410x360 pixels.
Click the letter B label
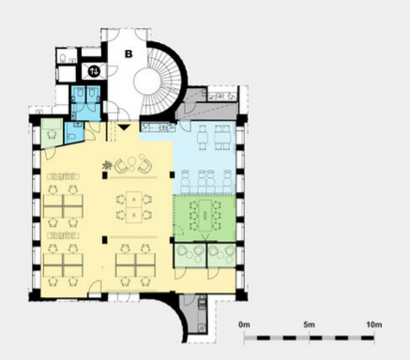coord(129,54)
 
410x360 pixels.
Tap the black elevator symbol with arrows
coord(94,71)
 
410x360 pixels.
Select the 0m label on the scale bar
coord(244,324)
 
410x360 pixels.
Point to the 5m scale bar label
coord(309,324)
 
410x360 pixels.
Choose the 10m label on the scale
coord(374,324)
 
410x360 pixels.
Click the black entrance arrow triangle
coord(124,127)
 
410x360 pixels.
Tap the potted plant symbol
coord(107,166)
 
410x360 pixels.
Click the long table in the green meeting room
coord(205,216)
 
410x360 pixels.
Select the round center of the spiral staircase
coord(149,82)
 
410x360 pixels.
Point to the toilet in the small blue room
coord(71,137)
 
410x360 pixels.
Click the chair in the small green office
coord(52,135)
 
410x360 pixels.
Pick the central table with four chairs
coord(134,207)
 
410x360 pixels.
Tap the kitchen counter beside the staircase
coord(158,127)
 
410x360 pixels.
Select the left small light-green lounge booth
coord(190,255)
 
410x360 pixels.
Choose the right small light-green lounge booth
coord(221,255)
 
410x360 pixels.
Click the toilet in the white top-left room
coord(63,58)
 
